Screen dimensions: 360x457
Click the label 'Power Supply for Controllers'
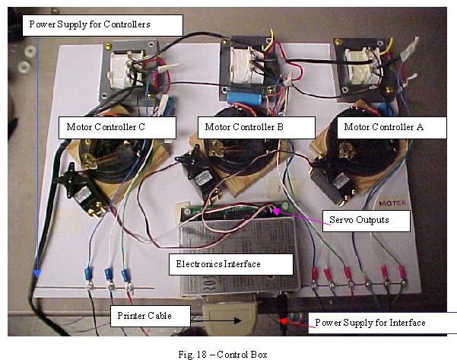point(90,24)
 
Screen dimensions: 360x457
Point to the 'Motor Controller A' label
point(383,127)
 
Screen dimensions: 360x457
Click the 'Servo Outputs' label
point(359,221)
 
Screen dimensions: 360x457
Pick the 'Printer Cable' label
point(144,315)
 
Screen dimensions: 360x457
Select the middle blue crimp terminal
point(109,273)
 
